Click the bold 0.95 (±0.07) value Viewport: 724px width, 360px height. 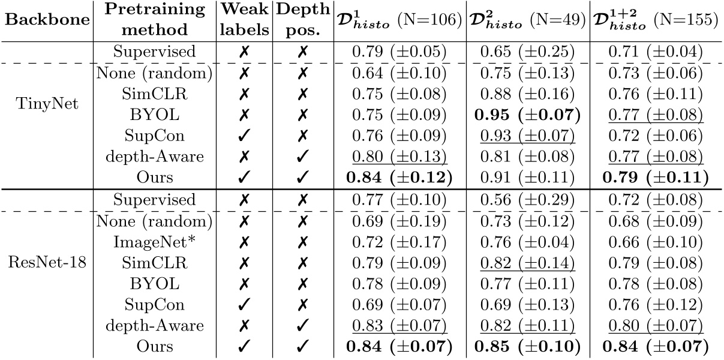pyautogui.click(x=528, y=114)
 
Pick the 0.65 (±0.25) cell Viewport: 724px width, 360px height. pyautogui.click(x=528, y=52)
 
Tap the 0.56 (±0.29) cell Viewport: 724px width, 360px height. pyautogui.click(x=528, y=199)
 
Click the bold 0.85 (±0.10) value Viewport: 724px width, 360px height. pyautogui.click(x=528, y=346)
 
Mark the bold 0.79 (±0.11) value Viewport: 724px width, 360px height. pyautogui.click(x=656, y=176)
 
